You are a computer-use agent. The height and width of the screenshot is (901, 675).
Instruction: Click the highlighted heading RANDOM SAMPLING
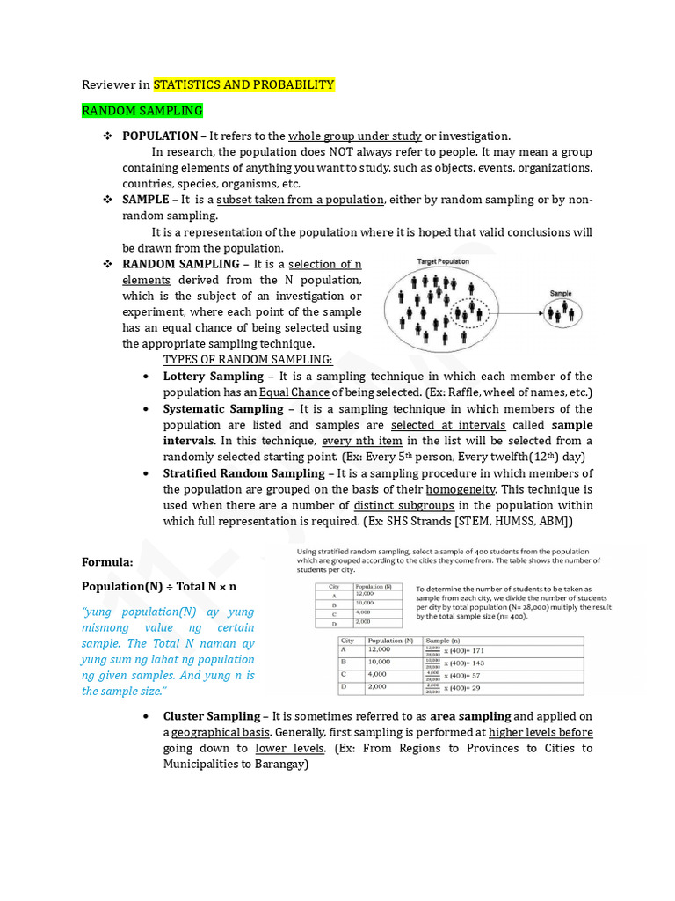[x=142, y=111]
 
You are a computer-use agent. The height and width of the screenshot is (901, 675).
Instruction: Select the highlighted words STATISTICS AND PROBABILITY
[x=243, y=84]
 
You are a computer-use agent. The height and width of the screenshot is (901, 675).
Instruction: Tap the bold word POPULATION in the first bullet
[x=160, y=136]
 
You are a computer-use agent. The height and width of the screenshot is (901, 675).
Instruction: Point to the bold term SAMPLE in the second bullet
[x=146, y=201]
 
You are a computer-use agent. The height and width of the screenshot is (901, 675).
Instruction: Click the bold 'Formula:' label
[x=107, y=561]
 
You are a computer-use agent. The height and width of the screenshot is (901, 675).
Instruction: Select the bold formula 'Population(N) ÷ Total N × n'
[x=159, y=586]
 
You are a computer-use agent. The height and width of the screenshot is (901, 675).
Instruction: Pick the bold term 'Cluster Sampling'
[x=212, y=716]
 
